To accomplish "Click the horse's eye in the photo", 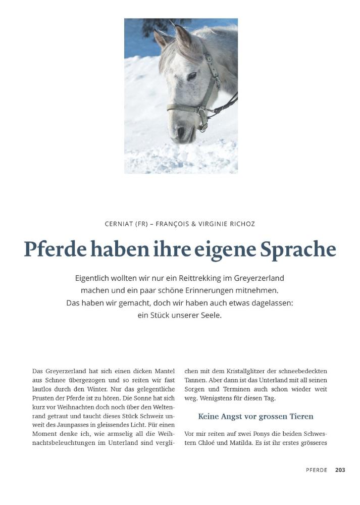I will [x=192, y=76].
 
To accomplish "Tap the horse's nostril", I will [x=181, y=132].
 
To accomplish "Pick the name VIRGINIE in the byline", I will [x=209, y=224].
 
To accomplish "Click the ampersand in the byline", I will [x=187, y=224].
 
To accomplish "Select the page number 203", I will [x=340, y=470].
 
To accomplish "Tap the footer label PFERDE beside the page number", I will [x=317, y=470].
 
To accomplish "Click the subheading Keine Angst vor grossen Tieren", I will [x=255, y=417].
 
